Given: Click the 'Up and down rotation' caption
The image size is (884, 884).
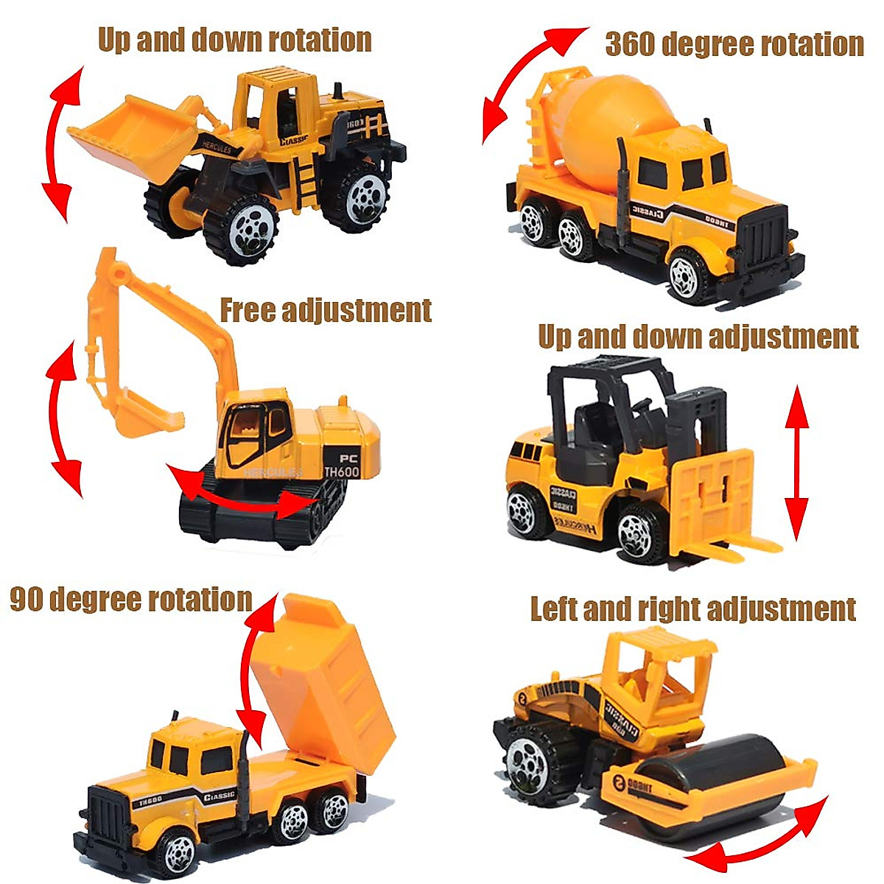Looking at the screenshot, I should [x=234, y=40].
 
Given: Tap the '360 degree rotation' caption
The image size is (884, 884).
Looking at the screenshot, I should [x=734, y=44].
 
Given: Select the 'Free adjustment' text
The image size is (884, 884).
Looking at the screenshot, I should [x=326, y=310].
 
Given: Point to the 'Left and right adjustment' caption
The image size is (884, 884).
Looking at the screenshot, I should [x=692, y=609].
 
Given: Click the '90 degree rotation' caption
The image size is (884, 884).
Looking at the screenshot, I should [x=131, y=599].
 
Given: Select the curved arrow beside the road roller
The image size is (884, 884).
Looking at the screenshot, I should [x=759, y=840].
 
